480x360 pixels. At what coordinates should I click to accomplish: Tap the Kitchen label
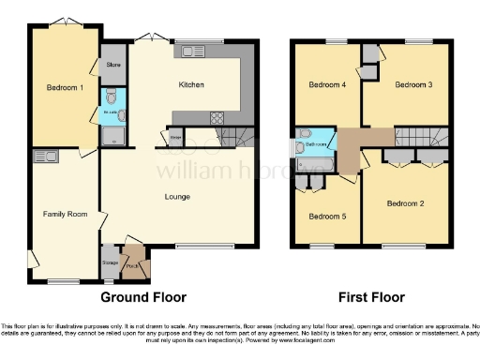pos(191,85)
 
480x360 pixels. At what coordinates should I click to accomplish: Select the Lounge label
pos(177,197)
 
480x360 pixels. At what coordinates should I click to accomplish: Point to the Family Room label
pos(65,215)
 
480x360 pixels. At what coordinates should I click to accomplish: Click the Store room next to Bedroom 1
pos(112,65)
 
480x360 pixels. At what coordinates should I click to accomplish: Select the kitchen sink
pos(195,52)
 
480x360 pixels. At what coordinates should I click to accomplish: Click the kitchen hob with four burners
pos(217,118)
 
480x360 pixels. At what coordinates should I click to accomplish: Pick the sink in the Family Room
pos(44,157)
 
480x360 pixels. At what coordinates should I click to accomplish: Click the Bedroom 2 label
pos(407,202)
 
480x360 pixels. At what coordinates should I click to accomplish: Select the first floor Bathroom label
pos(314,144)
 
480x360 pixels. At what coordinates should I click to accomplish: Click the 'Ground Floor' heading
pos(142,298)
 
